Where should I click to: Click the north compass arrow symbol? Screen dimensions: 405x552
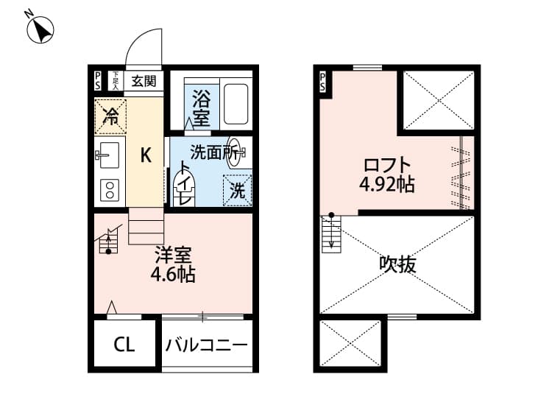pos(41,29)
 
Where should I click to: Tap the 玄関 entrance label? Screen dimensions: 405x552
pos(144,81)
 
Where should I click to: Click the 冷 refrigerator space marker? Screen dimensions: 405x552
pos(110,116)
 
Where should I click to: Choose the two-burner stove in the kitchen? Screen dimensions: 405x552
pos(110,189)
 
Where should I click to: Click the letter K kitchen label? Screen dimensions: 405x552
pos(146,155)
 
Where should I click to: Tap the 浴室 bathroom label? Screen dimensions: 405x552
pos(200,108)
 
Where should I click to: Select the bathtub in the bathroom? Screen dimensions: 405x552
pos(236,105)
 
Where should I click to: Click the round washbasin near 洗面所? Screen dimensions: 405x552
pos(236,146)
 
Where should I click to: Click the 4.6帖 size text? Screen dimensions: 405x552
pos(172,275)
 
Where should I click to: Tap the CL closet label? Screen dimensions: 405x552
pos(124,345)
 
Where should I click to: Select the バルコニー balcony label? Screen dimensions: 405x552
pos(206,345)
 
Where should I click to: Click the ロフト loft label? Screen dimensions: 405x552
pos(386,165)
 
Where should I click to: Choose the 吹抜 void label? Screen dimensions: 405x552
pos(397,264)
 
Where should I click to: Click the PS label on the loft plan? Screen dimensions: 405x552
pos(322,81)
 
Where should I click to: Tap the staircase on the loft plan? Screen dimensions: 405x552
pos(331,234)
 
